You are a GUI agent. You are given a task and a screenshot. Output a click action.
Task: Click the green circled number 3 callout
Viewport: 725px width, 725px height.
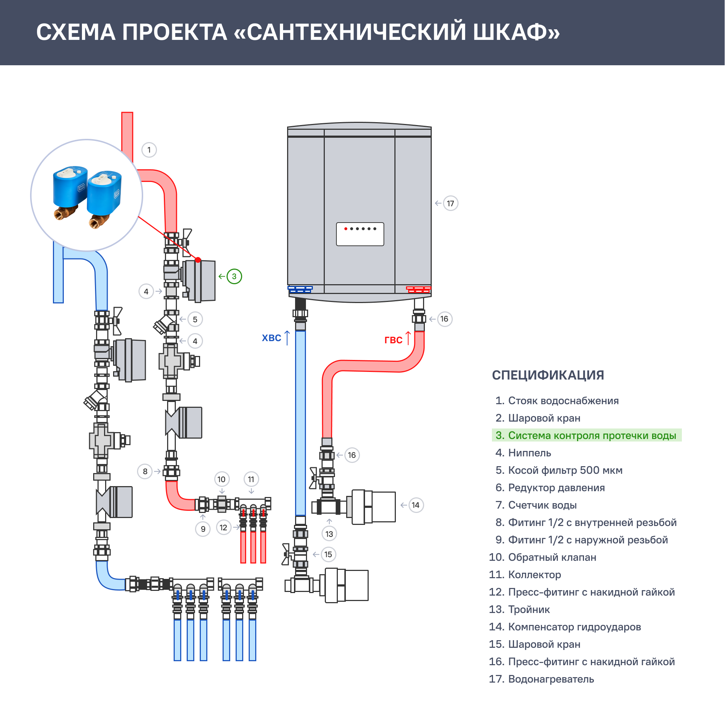tap(234, 277)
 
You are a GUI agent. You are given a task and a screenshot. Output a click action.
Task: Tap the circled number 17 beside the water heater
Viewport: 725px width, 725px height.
tap(450, 203)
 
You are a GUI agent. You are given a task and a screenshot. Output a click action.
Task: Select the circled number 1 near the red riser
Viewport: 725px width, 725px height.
tap(149, 150)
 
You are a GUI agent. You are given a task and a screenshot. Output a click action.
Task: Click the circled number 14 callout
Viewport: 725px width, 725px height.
tap(415, 505)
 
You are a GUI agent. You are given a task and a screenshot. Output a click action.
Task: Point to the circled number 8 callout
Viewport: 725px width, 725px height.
tap(145, 471)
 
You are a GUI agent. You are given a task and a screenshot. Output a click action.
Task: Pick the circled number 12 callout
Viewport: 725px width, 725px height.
tap(224, 527)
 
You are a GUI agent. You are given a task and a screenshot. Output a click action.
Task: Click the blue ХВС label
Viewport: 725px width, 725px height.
tap(271, 338)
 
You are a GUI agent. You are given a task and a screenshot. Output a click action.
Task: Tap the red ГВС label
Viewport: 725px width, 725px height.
tap(393, 340)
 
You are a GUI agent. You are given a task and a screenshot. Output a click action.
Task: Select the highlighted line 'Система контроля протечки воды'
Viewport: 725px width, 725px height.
tap(587, 435)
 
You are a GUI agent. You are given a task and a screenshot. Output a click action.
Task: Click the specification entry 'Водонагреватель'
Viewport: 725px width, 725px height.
tap(551, 679)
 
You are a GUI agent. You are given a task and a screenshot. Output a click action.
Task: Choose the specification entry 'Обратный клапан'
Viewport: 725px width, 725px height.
tap(552, 557)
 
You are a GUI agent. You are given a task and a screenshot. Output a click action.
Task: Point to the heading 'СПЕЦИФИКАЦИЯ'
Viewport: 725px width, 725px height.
tap(548, 375)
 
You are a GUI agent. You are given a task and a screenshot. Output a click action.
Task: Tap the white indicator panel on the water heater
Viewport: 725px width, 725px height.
tap(360, 234)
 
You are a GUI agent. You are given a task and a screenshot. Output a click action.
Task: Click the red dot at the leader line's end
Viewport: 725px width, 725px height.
tap(198, 260)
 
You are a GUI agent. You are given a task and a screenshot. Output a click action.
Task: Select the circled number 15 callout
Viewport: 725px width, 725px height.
tap(328, 554)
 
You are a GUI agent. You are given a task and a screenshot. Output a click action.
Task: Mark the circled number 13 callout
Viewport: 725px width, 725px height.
tap(329, 534)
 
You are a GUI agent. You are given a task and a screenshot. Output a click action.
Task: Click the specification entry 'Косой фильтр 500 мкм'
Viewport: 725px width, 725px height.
tap(565, 470)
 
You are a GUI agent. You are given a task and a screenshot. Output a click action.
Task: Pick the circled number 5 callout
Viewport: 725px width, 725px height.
tap(195, 319)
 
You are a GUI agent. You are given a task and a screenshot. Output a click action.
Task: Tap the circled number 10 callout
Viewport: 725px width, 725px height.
tap(221, 479)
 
